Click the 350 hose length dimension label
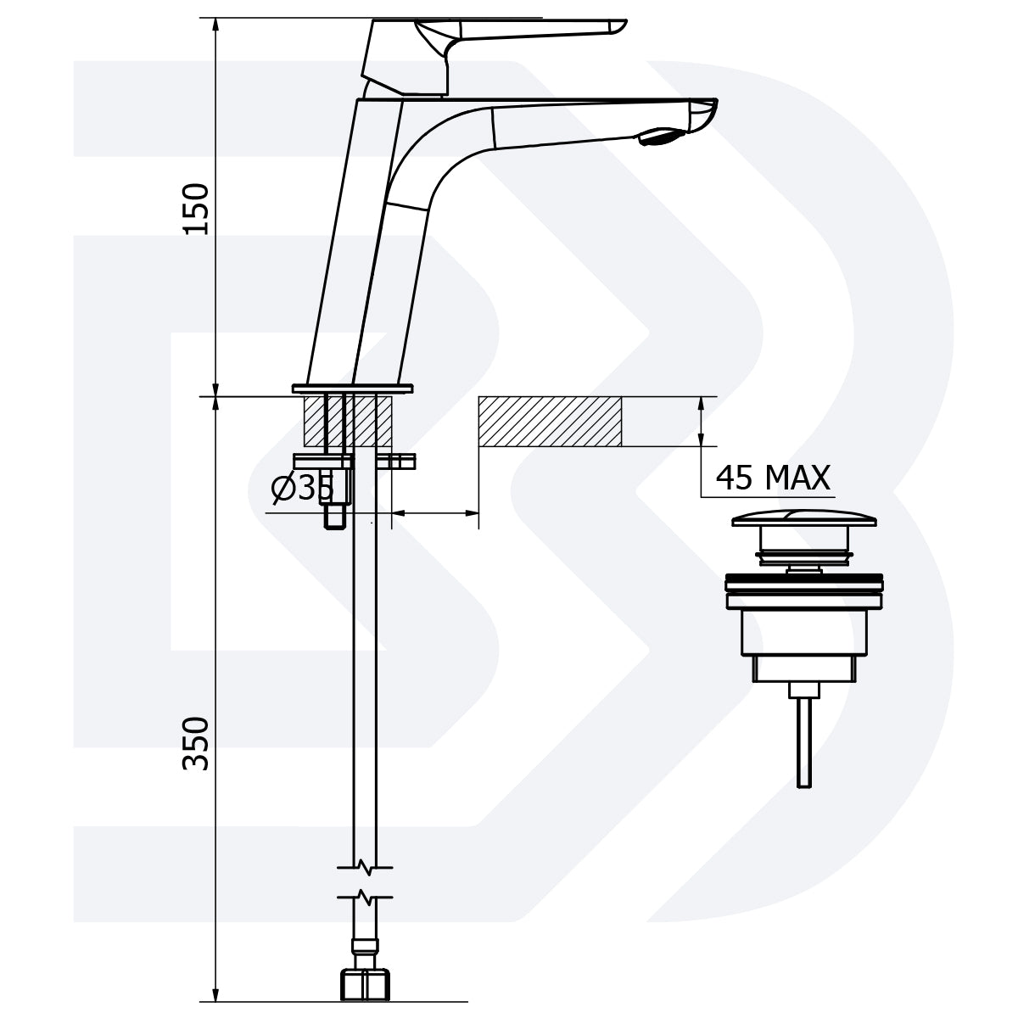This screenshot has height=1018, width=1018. pos(197,743)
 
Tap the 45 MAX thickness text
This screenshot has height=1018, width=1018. pos(773,478)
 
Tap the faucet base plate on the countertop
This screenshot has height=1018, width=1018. pos(352,389)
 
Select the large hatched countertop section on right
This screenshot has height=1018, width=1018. pos(551,421)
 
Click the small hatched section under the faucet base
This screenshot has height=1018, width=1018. pos(348,421)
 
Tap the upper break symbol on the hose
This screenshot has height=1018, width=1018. pos(365,867)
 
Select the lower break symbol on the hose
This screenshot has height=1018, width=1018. pos(365,896)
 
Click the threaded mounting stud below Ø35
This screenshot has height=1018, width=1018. pos(333,514)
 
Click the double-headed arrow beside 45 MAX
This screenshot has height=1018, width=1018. pos(701,421)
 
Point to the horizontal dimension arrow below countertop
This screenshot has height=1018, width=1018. pos(435,512)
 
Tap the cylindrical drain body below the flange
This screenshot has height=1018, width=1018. pos(803,632)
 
